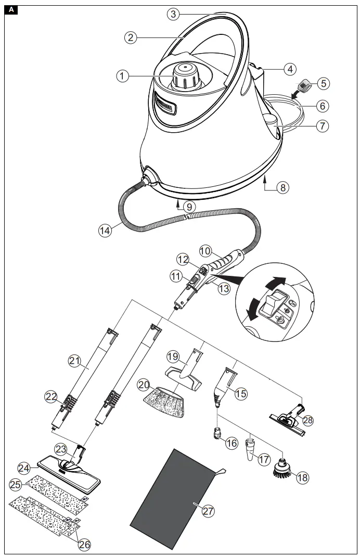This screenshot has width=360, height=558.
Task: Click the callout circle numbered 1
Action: click(x=122, y=76)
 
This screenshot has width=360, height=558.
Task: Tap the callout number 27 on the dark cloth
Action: click(x=208, y=511)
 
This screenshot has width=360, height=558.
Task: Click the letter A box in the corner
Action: click(x=12, y=10)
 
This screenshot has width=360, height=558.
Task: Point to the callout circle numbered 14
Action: click(x=105, y=231)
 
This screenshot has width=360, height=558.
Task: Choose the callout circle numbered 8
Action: click(x=282, y=187)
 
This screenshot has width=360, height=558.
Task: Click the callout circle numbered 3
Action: click(x=174, y=14)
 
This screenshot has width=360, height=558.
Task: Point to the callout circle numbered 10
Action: click(x=205, y=251)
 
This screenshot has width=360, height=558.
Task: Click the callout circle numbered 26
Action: click(x=84, y=544)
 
